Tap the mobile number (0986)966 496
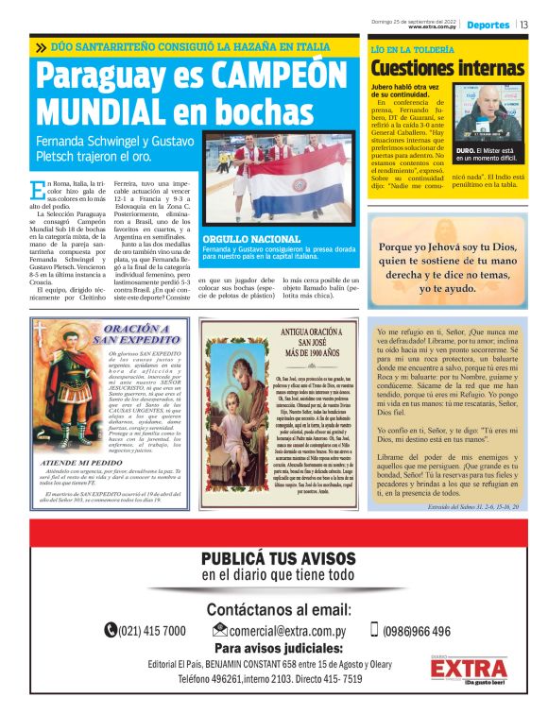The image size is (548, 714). (x=416, y=631)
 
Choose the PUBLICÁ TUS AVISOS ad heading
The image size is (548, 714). (x=273, y=558)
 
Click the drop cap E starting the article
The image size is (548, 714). (x=38, y=190)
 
